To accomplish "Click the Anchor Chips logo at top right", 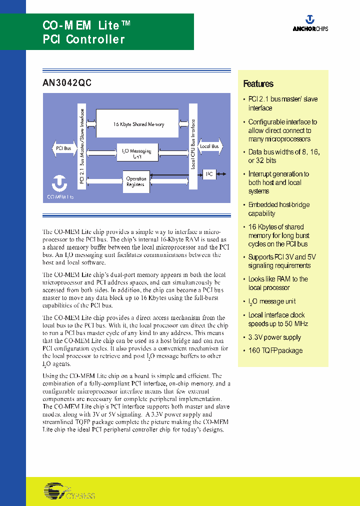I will (310, 23).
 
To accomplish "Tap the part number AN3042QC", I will (67, 83).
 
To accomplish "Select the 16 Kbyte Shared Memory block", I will (136, 124).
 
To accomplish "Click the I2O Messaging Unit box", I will (137, 152).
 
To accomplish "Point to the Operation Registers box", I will (136, 181).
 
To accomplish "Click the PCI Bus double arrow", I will (63, 148).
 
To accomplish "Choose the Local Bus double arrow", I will (209, 146).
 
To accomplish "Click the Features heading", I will (258, 84).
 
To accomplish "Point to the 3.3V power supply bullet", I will (275, 337).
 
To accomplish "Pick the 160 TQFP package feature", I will (275, 350).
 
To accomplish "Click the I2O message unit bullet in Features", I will (271, 301).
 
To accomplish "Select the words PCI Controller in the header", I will (83, 39).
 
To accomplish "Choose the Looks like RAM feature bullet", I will (277, 283).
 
